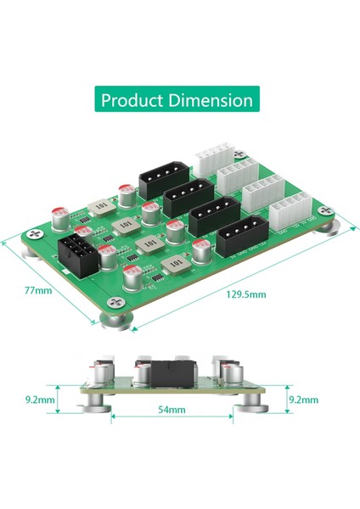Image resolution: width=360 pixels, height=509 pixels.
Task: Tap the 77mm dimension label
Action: (x=37, y=290)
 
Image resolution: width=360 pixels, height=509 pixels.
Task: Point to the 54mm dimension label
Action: (x=172, y=409)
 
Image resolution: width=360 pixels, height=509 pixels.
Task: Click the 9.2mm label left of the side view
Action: (x=40, y=398)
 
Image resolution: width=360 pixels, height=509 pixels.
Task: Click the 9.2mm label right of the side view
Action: (x=303, y=398)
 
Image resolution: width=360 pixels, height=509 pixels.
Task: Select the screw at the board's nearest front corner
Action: (x=115, y=301)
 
